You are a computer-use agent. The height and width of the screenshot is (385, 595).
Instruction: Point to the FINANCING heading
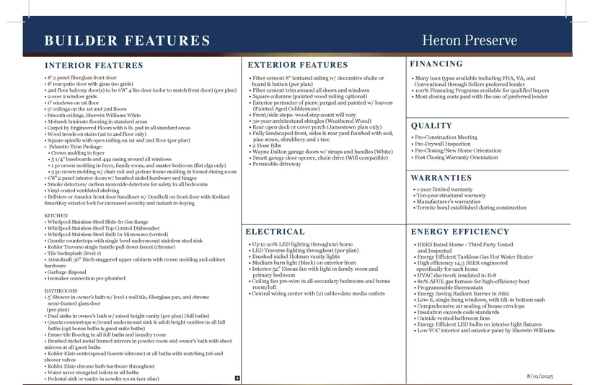click(436, 64)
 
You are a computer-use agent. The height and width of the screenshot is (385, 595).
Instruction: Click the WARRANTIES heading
click(441, 178)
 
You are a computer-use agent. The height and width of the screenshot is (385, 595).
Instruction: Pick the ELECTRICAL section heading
click(275, 232)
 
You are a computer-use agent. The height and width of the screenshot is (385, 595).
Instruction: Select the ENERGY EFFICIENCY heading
click(459, 232)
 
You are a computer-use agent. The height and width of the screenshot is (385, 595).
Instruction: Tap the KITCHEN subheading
click(56, 216)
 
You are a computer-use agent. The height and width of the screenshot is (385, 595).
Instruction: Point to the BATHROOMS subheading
click(61, 290)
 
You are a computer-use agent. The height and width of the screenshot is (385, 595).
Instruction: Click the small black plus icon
click(237, 378)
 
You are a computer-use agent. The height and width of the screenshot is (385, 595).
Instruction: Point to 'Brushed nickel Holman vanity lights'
click(296, 256)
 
